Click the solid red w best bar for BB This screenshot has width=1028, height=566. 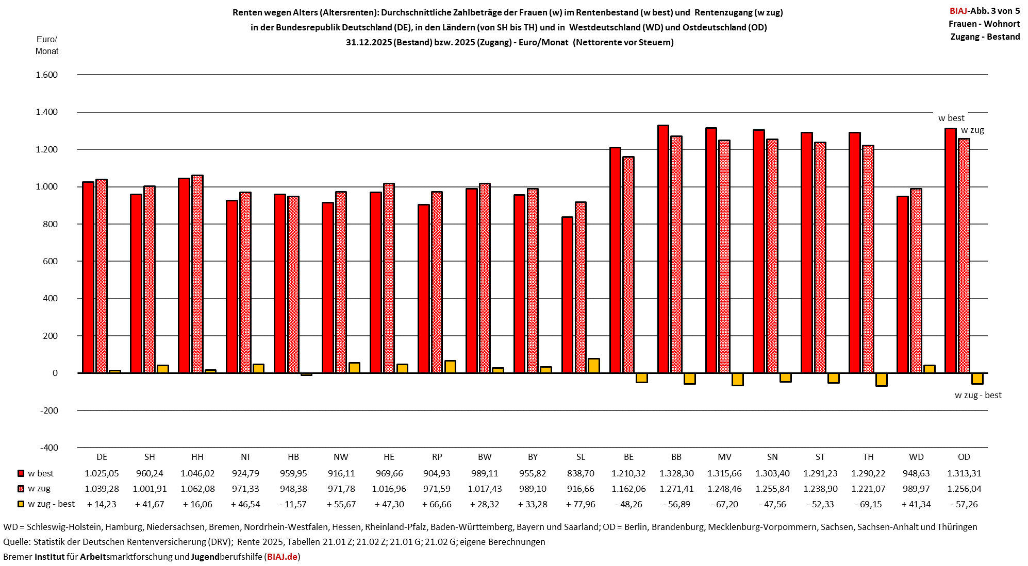[x=663, y=249]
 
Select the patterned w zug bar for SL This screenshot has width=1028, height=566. [x=581, y=287]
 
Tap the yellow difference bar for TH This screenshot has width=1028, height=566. [x=882, y=380]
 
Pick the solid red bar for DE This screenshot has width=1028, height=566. [x=88, y=278]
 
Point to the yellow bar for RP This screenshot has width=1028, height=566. [x=450, y=367]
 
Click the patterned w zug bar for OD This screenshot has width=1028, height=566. [x=964, y=256]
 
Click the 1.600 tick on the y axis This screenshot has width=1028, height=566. [x=46, y=75]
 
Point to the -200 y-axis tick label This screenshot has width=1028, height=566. [x=49, y=410]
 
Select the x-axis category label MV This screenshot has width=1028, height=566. [x=724, y=457]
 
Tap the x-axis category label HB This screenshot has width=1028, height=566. [x=293, y=457]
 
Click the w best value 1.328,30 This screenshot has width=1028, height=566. [x=676, y=473]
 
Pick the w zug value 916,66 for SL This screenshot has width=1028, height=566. [x=581, y=489]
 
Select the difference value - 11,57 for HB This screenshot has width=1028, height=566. [x=293, y=504]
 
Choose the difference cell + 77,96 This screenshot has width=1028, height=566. [x=581, y=504]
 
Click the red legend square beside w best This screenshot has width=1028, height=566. [x=21, y=473]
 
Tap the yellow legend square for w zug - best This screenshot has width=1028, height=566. [x=21, y=504]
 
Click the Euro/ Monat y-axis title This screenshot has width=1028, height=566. [x=47, y=45]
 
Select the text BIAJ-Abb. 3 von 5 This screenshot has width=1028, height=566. [x=985, y=11]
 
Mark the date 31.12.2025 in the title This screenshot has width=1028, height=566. [x=369, y=42]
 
